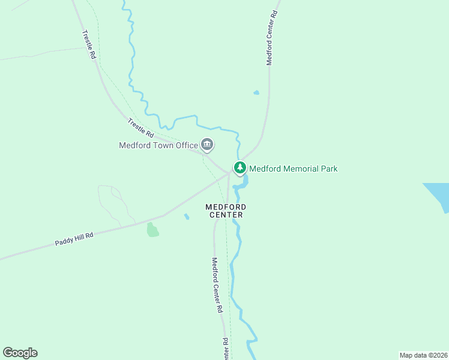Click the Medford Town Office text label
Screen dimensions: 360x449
coord(158,145)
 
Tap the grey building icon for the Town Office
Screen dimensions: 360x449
coord(207,145)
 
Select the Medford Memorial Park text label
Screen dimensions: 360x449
coord(293,169)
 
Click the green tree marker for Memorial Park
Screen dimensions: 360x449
coord(240,167)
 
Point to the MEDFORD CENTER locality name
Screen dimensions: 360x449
coord(225,211)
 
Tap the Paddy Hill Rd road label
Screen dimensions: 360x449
coord(74,239)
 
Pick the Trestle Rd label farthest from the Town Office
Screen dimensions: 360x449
coord(89,44)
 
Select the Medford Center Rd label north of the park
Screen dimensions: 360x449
coord(273,37)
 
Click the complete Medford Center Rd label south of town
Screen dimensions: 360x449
coord(217,286)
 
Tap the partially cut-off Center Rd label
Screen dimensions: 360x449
coord(226,350)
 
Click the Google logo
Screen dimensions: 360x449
coord(20,353)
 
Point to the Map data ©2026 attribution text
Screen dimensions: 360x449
coord(423,355)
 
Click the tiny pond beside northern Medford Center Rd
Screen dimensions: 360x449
coord(256,92)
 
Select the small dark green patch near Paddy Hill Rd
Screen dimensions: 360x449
coord(152,230)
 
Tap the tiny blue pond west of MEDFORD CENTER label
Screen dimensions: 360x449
coord(187,216)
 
